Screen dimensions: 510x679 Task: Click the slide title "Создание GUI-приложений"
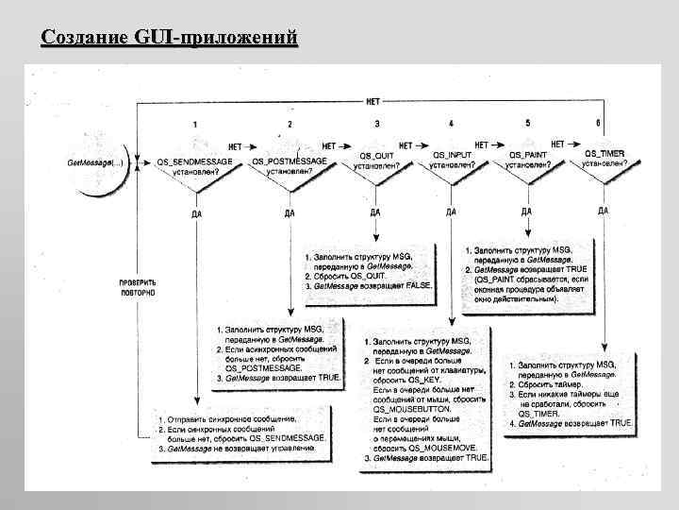click(170, 39)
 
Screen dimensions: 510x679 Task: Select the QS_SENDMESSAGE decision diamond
click(195, 167)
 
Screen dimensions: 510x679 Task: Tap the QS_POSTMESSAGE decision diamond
click(290, 167)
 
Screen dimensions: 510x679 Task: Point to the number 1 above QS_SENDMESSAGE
click(195, 125)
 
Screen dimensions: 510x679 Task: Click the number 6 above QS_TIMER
click(598, 123)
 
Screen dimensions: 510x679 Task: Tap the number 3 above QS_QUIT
click(377, 124)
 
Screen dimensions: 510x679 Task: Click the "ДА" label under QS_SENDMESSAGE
click(195, 213)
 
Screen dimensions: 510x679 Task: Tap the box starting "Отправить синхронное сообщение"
click(242, 433)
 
